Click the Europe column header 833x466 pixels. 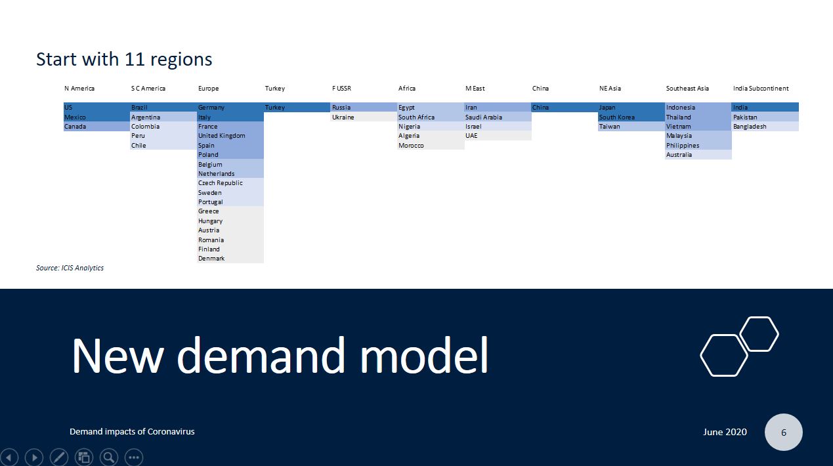208,89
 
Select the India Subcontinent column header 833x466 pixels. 761,89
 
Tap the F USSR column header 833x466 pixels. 341,89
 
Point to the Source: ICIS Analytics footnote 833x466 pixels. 70,268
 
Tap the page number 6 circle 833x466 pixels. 784,432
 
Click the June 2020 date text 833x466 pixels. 725,432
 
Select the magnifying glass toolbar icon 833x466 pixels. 108,457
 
